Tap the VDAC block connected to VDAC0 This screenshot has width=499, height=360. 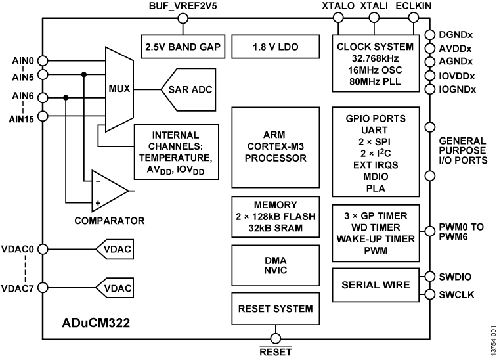114,249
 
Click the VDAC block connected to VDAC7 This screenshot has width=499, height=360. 114,287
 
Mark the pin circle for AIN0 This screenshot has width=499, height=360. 43,60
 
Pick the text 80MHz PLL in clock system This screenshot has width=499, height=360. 374,82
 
